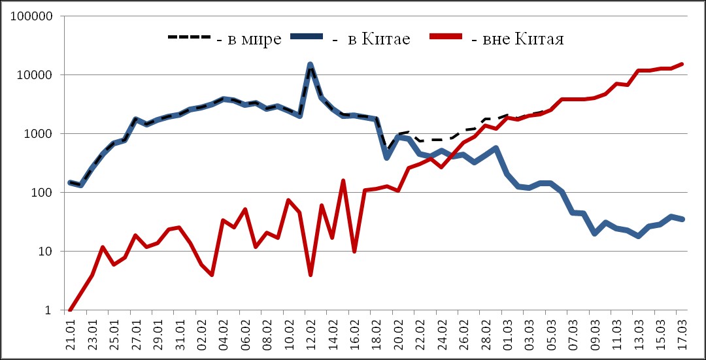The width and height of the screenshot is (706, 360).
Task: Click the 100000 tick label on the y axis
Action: point(31,16)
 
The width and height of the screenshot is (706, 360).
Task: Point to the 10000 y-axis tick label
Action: point(35,75)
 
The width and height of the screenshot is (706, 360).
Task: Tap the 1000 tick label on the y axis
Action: point(38,134)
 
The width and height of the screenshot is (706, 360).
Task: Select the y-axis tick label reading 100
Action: point(41,193)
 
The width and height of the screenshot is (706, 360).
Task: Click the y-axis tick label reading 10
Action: point(44,252)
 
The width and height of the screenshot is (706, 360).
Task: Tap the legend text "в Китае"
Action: point(371,39)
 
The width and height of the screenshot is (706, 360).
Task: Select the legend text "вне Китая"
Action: point(517,39)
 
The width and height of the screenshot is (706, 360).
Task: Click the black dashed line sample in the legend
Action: point(190,37)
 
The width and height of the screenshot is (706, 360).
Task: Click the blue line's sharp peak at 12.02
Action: point(310,65)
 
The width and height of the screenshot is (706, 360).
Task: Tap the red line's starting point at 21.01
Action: point(71,310)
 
